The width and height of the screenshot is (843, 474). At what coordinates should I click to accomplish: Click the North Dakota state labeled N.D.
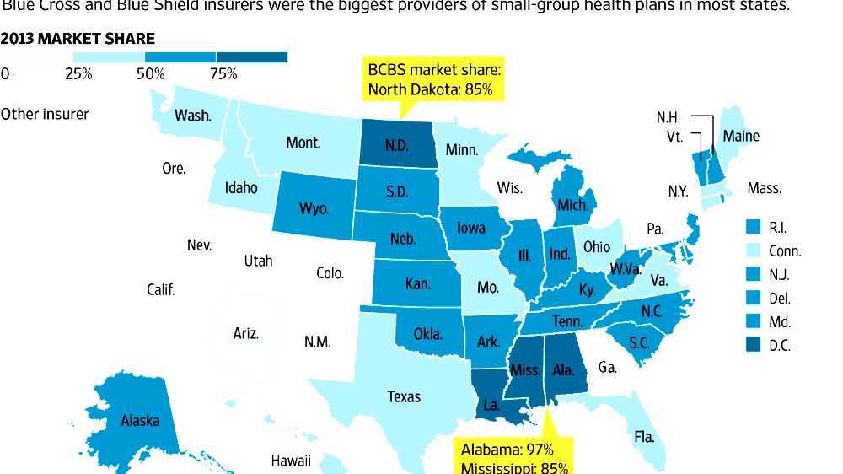coord(397,145)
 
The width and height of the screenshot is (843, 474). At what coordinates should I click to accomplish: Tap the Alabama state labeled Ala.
coord(564,370)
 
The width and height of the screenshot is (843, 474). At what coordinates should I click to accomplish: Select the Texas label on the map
coord(404,396)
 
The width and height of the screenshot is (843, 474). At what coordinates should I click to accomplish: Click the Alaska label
coord(140,420)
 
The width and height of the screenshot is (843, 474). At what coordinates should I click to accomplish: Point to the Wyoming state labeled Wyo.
coord(314,208)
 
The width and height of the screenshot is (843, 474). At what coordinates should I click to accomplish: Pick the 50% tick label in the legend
coord(150,74)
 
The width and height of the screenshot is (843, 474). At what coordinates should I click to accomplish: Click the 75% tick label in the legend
coord(223,74)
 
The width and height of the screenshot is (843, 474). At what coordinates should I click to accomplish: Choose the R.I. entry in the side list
coord(777,227)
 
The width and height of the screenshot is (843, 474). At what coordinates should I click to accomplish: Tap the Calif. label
coord(160,289)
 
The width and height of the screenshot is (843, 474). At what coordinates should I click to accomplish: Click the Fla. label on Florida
coord(644,437)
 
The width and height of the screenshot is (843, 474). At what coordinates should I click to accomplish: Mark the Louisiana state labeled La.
coord(491,405)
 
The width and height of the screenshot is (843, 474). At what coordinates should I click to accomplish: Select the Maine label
coord(741,136)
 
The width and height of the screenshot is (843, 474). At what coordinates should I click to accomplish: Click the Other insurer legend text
coord(45,113)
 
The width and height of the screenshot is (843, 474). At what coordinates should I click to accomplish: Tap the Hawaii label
coord(291,461)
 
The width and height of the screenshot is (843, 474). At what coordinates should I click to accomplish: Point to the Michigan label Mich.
coord(572,205)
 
